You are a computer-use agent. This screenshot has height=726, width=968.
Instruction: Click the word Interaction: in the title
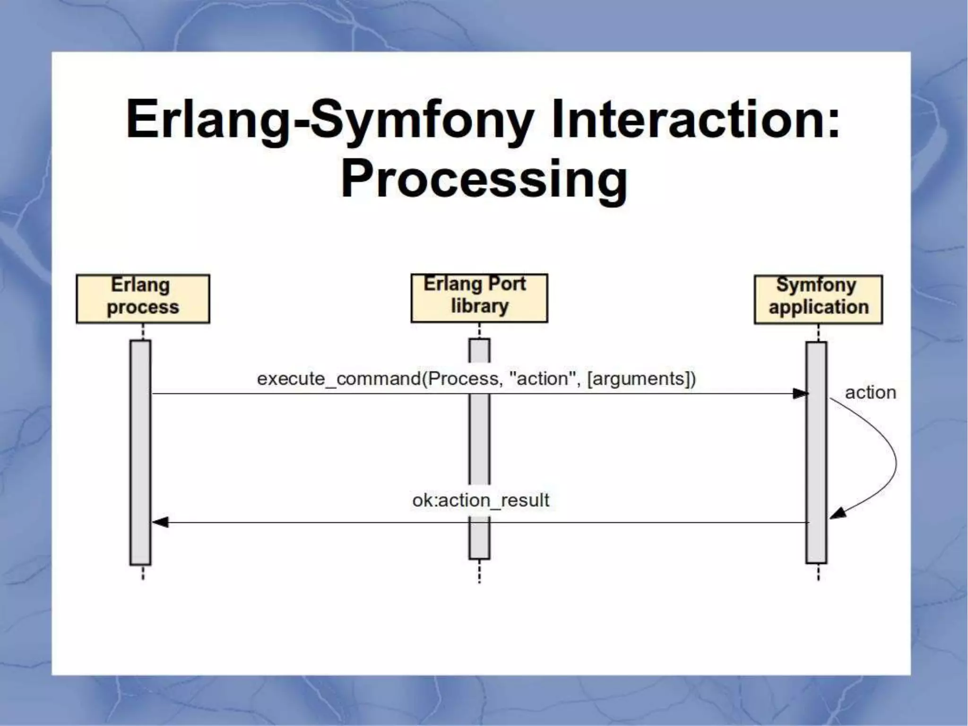696,119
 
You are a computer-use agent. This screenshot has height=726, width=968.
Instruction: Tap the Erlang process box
143,299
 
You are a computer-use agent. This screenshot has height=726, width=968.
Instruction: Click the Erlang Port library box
479,298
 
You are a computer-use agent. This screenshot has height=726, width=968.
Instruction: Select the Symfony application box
818,299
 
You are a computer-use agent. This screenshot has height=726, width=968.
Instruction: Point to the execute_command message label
476,379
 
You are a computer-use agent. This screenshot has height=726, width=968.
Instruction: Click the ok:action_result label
480,500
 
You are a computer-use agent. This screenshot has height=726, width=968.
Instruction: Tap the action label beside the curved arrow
870,392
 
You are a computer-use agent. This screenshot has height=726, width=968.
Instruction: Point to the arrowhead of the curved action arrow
838,513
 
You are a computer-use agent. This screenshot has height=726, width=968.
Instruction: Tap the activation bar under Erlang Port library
479,440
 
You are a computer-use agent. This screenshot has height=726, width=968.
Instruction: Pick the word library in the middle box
479,306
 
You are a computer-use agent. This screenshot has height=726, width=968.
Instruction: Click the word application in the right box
819,307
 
